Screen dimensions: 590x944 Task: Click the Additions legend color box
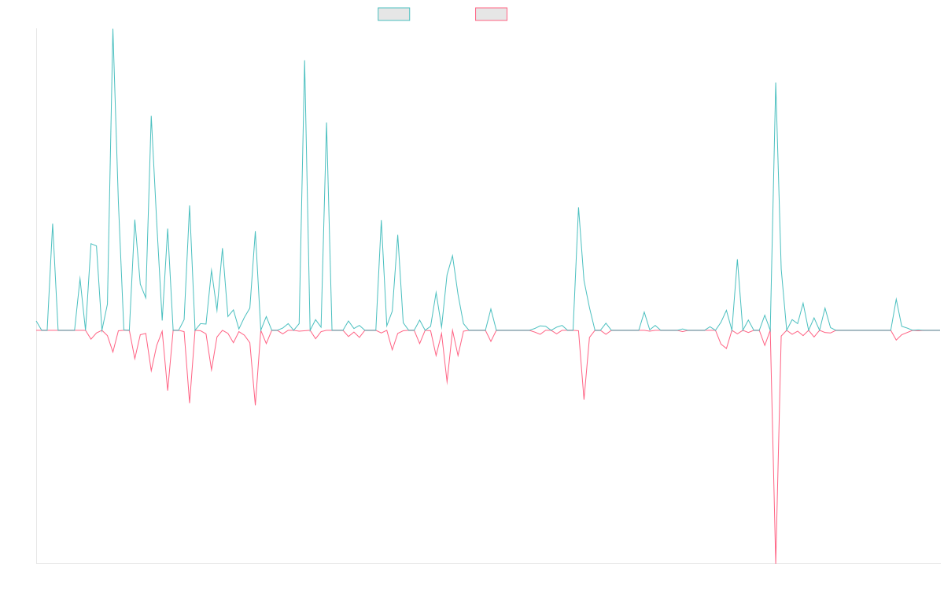point(394,14)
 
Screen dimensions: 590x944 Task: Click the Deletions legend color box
point(492,14)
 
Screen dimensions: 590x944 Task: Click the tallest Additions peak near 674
point(113,30)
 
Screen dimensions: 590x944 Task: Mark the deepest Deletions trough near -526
point(776,562)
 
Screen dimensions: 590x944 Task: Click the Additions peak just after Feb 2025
point(737,260)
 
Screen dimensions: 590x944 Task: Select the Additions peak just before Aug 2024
point(578,208)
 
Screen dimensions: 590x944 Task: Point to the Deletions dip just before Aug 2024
point(584,399)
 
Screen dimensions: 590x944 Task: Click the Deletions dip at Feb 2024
point(447,382)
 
